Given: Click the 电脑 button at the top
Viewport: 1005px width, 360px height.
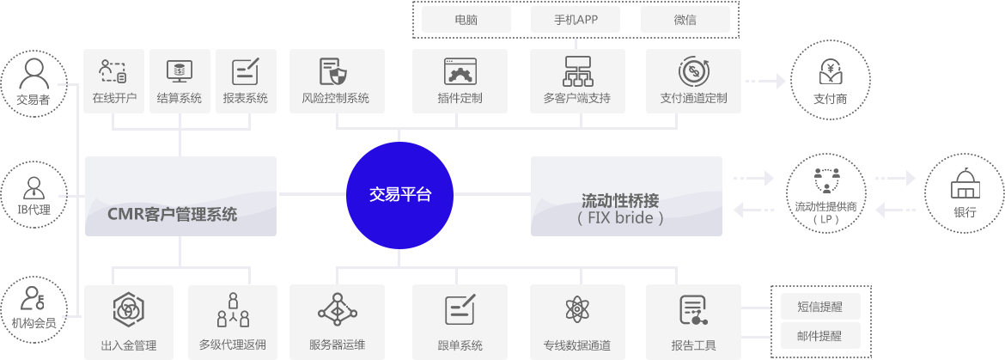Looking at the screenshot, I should click(466, 19).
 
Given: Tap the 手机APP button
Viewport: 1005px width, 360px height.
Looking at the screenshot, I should click(576, 19).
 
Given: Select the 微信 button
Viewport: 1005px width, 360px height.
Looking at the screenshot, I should click(685, 19).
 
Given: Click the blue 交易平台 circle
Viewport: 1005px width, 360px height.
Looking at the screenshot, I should click(400, 195).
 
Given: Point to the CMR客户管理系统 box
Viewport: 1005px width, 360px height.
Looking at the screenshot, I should click(180, 196).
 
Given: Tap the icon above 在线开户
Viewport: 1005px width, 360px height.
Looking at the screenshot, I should click(114, 70).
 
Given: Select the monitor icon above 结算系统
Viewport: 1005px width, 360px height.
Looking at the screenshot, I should click(180, 70).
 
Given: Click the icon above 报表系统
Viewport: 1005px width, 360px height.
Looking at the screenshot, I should click(246, 70).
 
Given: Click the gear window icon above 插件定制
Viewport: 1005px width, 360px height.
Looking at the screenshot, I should click(460, 70).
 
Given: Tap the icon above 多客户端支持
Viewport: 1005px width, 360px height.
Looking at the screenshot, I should click(576, 70).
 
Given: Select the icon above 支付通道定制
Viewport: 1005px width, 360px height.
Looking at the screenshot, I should click(692, 70).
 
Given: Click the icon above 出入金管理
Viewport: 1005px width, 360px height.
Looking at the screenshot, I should click(128, 310).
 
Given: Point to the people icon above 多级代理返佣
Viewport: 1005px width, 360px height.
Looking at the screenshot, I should click(233, 310).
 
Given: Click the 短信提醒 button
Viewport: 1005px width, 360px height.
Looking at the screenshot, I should click(819, 307).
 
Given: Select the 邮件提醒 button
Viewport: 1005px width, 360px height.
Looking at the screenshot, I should click(819, 336).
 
